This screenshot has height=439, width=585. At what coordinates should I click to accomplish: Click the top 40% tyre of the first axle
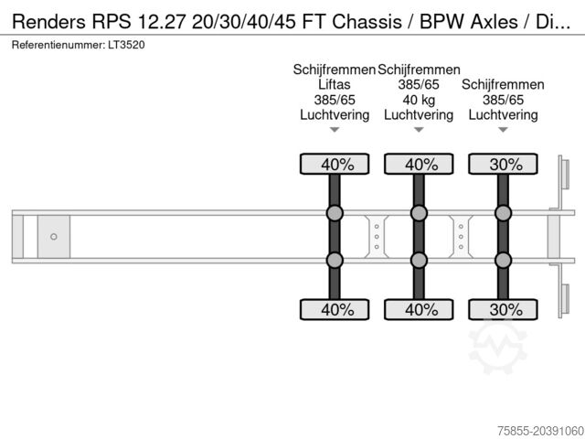coord(335,165)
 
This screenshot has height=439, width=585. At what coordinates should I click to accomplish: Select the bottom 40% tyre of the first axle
coord(335,309)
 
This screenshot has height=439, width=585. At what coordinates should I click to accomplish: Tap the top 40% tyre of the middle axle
coord(419,165)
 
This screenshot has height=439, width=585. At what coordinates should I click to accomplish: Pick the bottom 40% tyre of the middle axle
coord(419,309)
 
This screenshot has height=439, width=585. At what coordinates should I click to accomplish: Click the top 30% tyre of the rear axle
coord(503,165)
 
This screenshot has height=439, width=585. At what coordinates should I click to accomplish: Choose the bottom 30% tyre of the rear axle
coord(503,309)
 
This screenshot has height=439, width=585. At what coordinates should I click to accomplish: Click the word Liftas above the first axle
coord(335,84)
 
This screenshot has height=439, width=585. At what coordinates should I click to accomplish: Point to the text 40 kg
coord(419,100)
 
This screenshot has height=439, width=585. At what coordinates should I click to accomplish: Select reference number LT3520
coord(125,44)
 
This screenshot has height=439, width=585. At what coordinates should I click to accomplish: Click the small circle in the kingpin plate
coord(54,237)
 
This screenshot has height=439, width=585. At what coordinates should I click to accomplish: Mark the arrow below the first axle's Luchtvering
coord(335,131)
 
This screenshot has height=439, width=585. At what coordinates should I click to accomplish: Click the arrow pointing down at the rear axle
coord(503,131)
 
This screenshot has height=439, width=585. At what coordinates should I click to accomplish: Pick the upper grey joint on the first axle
coord(335,214)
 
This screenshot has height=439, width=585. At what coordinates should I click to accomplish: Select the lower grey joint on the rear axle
coord(503,261)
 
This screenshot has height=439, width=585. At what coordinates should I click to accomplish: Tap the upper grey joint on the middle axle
coord(419,214)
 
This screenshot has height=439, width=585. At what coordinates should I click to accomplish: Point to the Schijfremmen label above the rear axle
coord(503,84)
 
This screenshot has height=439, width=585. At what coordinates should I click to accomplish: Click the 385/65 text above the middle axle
coord(419,84)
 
